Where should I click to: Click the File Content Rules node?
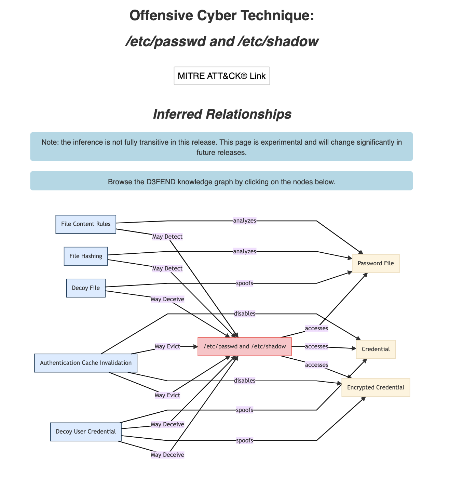click(86, 224)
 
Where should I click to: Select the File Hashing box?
click(86, 256)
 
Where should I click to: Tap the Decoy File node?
click(86, 288)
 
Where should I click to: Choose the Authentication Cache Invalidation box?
click(86, 363)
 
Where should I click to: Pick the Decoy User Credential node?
click(86, 431)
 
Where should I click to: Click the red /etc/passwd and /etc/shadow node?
click(245, 347)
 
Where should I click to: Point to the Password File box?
click(376, 263)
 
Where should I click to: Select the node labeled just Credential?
click(376, 349)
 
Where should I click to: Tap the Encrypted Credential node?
click(376, 387)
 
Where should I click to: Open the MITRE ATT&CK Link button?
click(222, 76)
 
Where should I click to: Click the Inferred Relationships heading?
click(222, 114)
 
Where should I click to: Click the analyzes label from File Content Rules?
click(245, 221)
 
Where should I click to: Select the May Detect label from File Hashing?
click(167, 268)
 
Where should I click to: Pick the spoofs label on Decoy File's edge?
click(245, 283)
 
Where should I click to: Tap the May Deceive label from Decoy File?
click(167, 299)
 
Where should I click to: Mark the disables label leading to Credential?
click(245, 314)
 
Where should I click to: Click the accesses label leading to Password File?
click(316, 328)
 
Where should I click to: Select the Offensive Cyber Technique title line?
click(222, 16)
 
